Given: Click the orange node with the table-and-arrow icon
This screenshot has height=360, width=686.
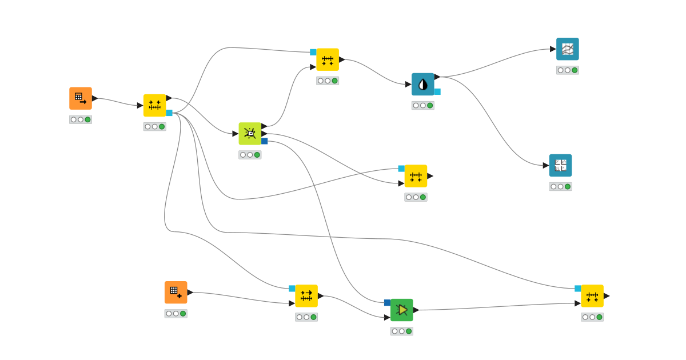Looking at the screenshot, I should click(81, 98).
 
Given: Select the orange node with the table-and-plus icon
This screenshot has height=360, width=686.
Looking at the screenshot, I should click(176, 292).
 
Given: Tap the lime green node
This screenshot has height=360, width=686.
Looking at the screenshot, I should click(250, 133).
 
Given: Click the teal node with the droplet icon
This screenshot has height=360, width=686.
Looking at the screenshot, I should click(422, 84).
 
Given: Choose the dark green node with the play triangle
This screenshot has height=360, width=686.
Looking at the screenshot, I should click(401, 310).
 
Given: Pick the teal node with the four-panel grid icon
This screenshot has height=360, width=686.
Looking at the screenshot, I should click(560, 165).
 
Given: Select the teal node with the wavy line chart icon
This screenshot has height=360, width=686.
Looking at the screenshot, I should click(567, 49).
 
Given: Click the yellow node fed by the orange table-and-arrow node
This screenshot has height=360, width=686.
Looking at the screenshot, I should click(154, 105).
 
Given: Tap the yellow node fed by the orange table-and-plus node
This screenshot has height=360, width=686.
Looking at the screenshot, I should click(306, 295).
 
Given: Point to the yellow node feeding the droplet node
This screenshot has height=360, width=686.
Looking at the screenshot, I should click(327, 59).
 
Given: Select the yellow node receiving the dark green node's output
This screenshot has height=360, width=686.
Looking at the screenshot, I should click(592, 295).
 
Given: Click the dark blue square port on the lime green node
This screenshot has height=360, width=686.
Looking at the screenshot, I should click(265, 141).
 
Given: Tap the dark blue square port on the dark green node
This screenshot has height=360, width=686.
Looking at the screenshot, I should click(387, 302).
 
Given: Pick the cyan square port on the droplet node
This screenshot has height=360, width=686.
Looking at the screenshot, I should click(437, 91).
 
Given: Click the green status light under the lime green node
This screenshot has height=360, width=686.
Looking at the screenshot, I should click(257, 155).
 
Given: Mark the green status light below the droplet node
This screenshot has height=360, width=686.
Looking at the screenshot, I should click(430, 105).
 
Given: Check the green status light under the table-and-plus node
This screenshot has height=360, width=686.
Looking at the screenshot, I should click(183, 314).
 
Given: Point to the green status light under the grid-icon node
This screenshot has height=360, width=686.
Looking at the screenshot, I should click(567, 186).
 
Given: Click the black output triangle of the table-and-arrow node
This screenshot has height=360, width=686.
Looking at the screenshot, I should click(95, 98).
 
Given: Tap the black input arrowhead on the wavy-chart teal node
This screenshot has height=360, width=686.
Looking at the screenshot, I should click(553, 49).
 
